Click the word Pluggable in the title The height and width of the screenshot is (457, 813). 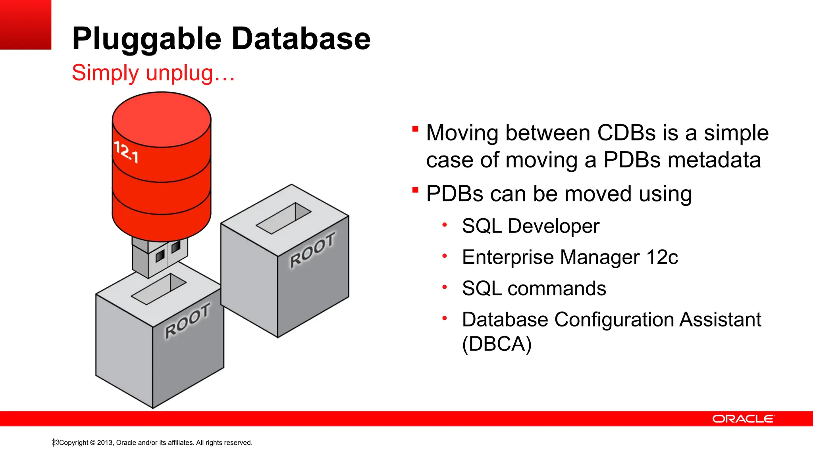pyautogui.click(x=146, y=39)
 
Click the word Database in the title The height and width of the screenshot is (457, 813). pyautogui.click(x=301, y=39)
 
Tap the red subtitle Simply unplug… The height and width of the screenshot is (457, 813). pyautogui.click(x=153, y=73)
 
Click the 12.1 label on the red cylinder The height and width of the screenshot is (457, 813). pyautogui.click(x=126, y=152)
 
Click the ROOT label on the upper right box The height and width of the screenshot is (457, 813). pyautogui.click(x=313, y=250)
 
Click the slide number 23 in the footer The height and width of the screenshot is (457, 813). pyautogui.click(x=56, y=442)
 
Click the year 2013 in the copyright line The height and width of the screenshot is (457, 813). pyautogui.click(x=105, y=443)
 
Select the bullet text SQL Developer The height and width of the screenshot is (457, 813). pyautogui.click(x=530, y=226)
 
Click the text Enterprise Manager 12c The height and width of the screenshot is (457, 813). pyautogui.click(x=570, y=257)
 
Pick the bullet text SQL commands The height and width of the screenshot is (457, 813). pyautogui.click(x=534, y=288)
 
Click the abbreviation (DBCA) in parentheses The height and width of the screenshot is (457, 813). pyautogui.click(x=497, y=344)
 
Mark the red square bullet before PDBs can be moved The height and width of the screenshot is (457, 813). pyautogui.click(x=415, y=190)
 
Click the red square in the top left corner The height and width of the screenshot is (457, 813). pyautogui.click(x=25, y=25)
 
